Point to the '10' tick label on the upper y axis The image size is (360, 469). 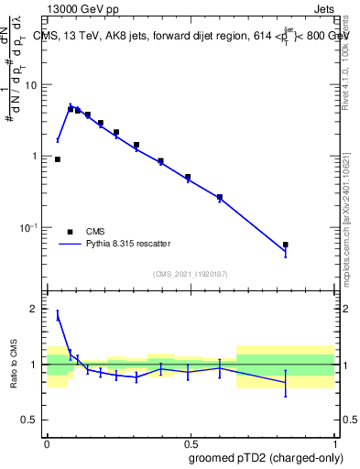point(35,85)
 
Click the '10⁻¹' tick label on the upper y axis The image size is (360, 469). point(32,227)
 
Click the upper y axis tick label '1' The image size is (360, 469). point(38,156)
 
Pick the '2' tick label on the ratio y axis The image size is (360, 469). point(38,310)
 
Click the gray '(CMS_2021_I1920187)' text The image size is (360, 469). point(190,274)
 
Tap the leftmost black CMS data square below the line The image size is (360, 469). point(58,159)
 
